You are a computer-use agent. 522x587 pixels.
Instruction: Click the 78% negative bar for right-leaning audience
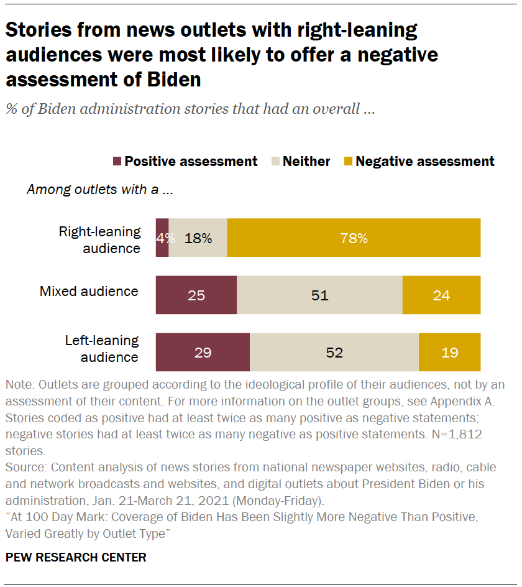pos(354,238)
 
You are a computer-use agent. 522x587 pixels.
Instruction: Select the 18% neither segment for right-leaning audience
pos(198,238)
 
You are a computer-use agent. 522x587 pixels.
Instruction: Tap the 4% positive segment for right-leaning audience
pos(162,238)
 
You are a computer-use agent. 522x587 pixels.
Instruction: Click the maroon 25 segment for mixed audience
pos(196,295)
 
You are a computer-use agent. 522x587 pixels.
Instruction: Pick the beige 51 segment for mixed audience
pos(319,295)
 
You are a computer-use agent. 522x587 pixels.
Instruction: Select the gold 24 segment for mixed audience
pos(441,295)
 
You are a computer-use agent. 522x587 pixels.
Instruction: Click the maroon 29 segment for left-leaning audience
pos(203,352)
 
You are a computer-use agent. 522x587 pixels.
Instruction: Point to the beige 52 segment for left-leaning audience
pos(334,352)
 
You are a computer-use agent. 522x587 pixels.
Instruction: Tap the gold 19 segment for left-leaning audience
pos(449,352)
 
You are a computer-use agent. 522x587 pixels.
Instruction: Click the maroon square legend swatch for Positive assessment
pos(117,162)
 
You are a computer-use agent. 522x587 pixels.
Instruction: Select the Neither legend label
pos(306,162)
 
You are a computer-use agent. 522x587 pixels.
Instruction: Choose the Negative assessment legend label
pos(425,162)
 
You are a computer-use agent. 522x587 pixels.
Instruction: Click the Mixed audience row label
pos(89,291)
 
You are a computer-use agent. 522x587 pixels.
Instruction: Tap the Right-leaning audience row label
pos(99,240)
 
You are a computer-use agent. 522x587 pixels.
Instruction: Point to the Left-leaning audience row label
pos(102,349)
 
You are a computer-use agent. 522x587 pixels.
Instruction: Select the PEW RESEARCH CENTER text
pos(76,557)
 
